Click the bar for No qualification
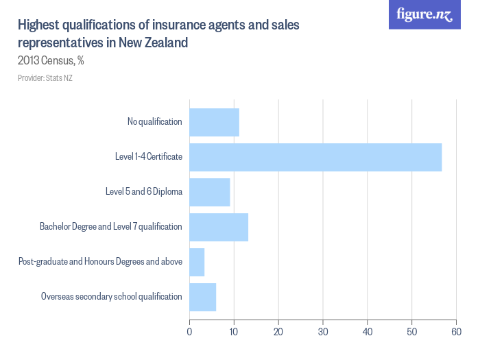point(214,122)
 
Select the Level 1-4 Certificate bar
point(315,157)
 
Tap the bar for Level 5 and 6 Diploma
point(209,192)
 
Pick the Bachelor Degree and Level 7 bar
point(218,227)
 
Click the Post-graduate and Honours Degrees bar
point(197,262)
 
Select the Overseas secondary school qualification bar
point(202,297)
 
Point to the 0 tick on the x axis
point(189,333)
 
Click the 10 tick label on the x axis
point(234,333)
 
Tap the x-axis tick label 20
point(278,333)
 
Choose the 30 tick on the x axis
point(323,333)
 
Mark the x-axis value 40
point(368,333)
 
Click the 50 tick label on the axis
point(412,333)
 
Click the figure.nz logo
point(425,14)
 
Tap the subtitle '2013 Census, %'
point(51,60)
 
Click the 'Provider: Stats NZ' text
point(45,78)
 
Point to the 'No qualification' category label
point(154,122)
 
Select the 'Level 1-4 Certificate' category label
point(148,157)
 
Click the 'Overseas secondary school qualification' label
point(111,297)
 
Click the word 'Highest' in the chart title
point(38,26)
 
